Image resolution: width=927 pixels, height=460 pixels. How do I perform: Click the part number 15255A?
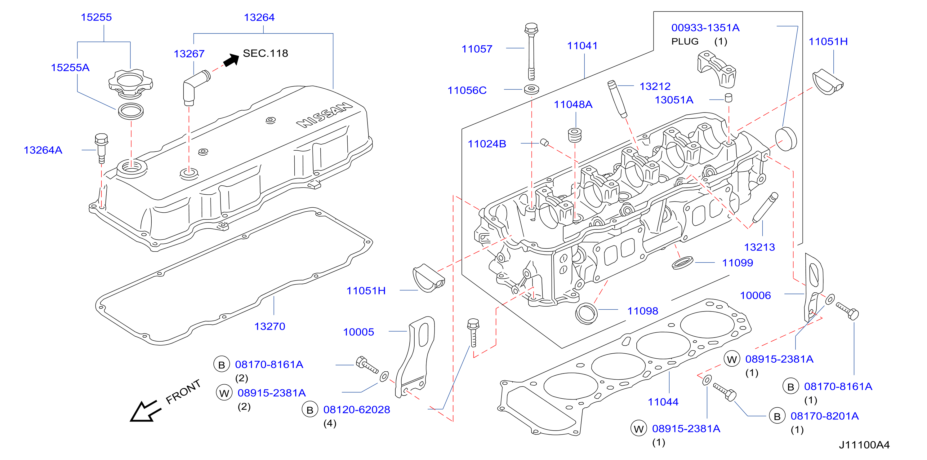tap(70, 67)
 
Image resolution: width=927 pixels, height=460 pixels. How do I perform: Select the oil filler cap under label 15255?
tap(131, 84)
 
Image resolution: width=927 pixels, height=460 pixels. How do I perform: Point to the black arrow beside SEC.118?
tap(231, 60)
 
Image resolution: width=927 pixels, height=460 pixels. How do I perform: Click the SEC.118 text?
tap(265, 53)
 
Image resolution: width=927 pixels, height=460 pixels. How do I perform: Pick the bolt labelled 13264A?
tap(101, 148)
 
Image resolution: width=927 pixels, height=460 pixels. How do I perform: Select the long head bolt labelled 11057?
tap(531, 51)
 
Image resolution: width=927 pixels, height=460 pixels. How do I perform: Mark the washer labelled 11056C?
tap(532, 89)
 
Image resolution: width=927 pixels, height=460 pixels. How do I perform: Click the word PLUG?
tap(685, 41)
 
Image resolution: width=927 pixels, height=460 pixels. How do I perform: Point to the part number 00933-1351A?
tap(705, 28)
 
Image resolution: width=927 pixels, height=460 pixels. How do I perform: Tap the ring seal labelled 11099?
tap(683, 262)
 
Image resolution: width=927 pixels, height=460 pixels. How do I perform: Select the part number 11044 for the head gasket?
tap(663, 402)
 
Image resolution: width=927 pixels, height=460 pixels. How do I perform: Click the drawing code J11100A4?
tap(864, 445)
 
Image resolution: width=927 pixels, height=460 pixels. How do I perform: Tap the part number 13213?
tap(759, 247)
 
